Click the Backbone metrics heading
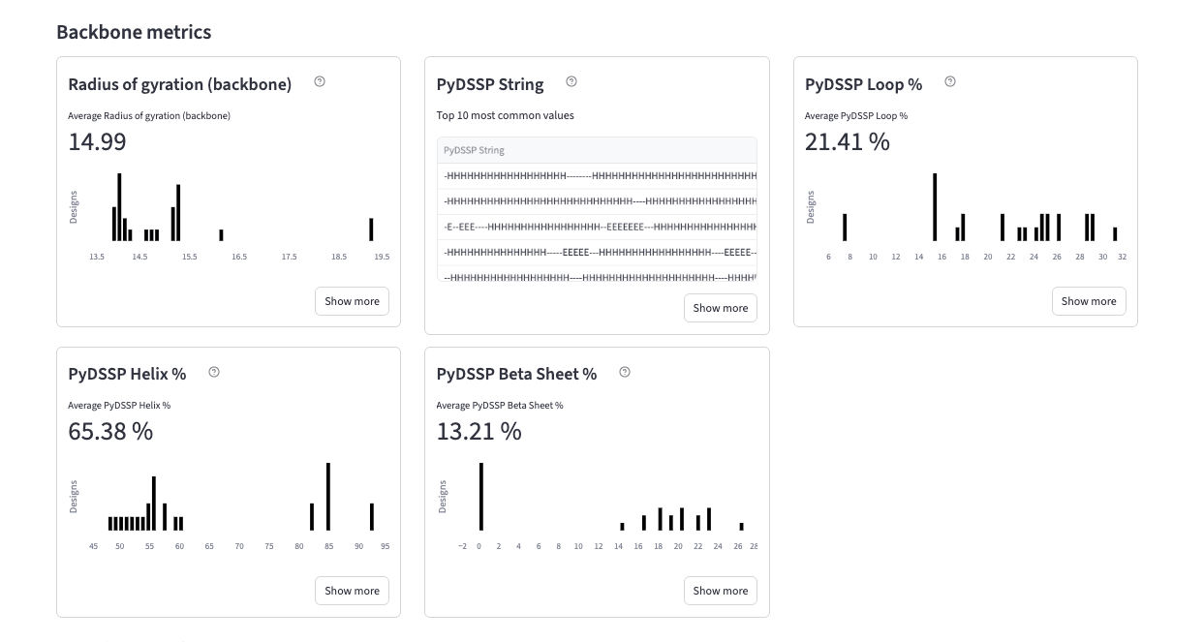click(134, 32)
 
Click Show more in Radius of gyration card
click(352, 301)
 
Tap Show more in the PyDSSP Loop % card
click(1089, 301)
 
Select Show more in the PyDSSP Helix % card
click(352, 591)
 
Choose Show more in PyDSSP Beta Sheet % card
click(720, 591)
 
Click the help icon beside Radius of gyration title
click(320, 82)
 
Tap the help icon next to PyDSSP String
click(571, 82)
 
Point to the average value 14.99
click(97, 141)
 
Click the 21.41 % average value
click(847, 141)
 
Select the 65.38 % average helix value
click(110, 431)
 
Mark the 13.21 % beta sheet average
click(479, 431)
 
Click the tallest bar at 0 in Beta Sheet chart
click(480, 496)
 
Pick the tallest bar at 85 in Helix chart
click(328, 496)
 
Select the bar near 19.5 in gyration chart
click(371, 229)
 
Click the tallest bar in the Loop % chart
click(935, 207)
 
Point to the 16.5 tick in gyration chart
click(239, 257)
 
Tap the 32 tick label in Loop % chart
click(1121, 257)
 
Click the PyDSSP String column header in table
click(474, 150)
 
